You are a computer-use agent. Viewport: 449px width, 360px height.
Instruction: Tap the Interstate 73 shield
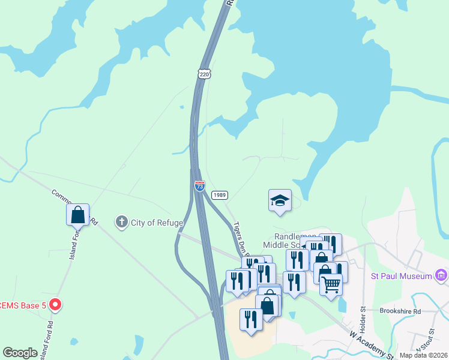(199, 186)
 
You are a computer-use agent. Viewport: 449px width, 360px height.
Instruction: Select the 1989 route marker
(220, 195)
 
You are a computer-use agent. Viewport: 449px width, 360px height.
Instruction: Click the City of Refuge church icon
(122, 222)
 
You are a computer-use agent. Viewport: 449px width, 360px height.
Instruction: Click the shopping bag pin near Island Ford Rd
(78, 214)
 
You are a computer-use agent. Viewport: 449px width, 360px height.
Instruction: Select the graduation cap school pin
(280, 200)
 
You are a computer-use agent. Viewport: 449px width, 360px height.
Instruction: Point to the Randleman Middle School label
(286, 241)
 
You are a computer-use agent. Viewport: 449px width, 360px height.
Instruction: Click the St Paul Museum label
(402, 276)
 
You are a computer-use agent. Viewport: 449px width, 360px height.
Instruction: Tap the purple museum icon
(441, 275)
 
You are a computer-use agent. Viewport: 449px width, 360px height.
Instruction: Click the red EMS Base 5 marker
(55, 305)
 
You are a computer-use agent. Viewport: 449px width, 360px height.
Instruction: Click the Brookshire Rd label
(400, 311)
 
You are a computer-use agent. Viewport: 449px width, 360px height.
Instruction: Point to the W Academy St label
(369, 340)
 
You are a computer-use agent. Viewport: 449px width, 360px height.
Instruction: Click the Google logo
(20, 353)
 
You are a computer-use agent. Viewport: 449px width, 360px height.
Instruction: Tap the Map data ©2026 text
(423, 355)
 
